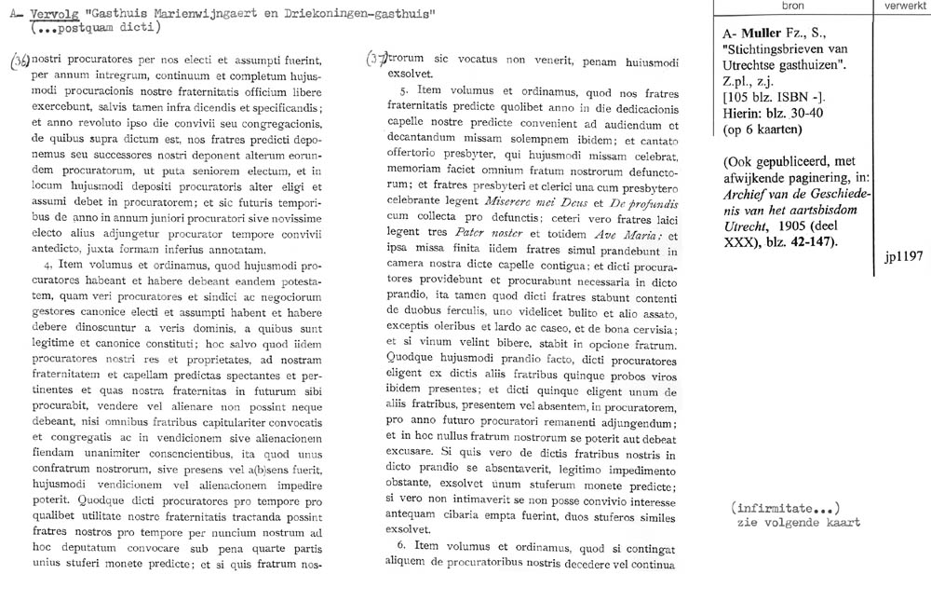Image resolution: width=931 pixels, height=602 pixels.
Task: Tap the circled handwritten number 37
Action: click(377, 58)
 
